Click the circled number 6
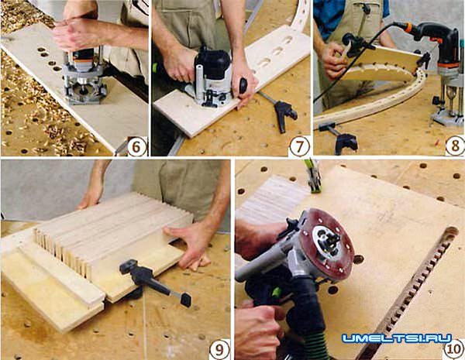click(x=137, y=146)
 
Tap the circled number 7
click(x=299, y=146)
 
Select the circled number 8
click(x=455, y=146)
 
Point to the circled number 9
click(x=220, y=350)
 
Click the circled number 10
click(x=454, y=349)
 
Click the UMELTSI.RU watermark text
click(x=397, y=338)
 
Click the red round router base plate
click(x=326, y=245)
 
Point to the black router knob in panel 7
click(x=243, y=85)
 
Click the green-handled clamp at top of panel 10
click(x=313, y=177)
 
